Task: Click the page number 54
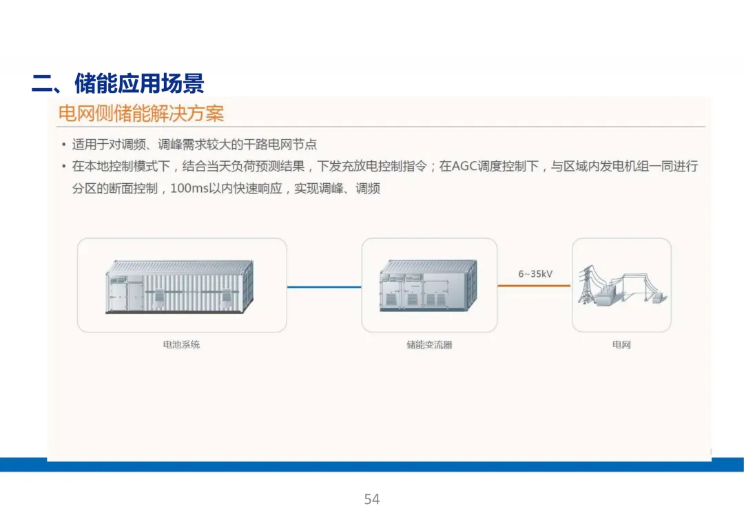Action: pyautogui.click(x=372, y=499)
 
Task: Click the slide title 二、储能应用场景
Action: pyautogui.click(x=118, y=84)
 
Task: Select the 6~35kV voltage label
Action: pyautogui.click(x=535, y=274)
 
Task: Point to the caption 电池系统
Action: pyautogui.click(x=181, y=344)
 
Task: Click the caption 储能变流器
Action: pyautogui.click(x=429, y=344)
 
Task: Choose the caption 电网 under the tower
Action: pyautogui.click(x=621, y=344)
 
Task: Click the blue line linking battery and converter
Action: pyautogui.click(x=324, y=286)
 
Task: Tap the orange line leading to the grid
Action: pyautogui.click(x=535, y=286)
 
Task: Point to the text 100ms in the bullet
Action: pyautogui.click(x=187, y=188)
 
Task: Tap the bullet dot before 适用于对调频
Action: pyautogui.click(x=63, y=145)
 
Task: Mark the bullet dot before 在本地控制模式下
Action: pyautogui.click(x=63, y=167)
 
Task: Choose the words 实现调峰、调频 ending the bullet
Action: pyautogui.click(x=337, y=188)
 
